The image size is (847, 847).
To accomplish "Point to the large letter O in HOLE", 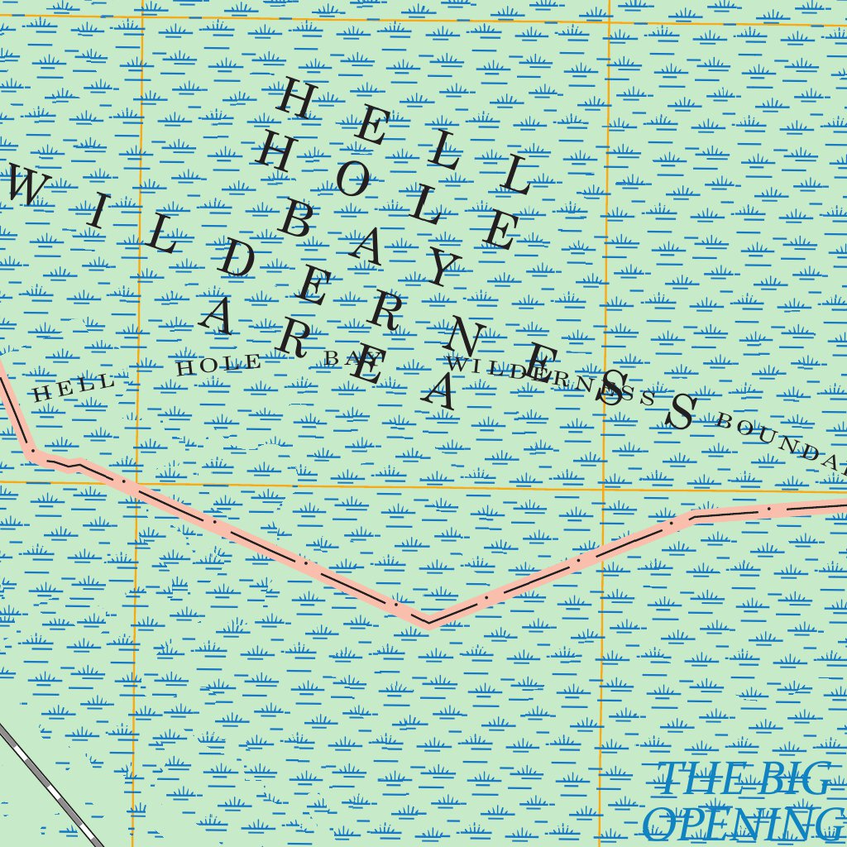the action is point(352,182).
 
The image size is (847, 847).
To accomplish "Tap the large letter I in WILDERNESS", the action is point(98,213).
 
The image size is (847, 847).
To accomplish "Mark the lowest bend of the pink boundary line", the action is point(428,623).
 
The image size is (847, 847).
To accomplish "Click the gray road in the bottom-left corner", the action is point(50,786).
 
